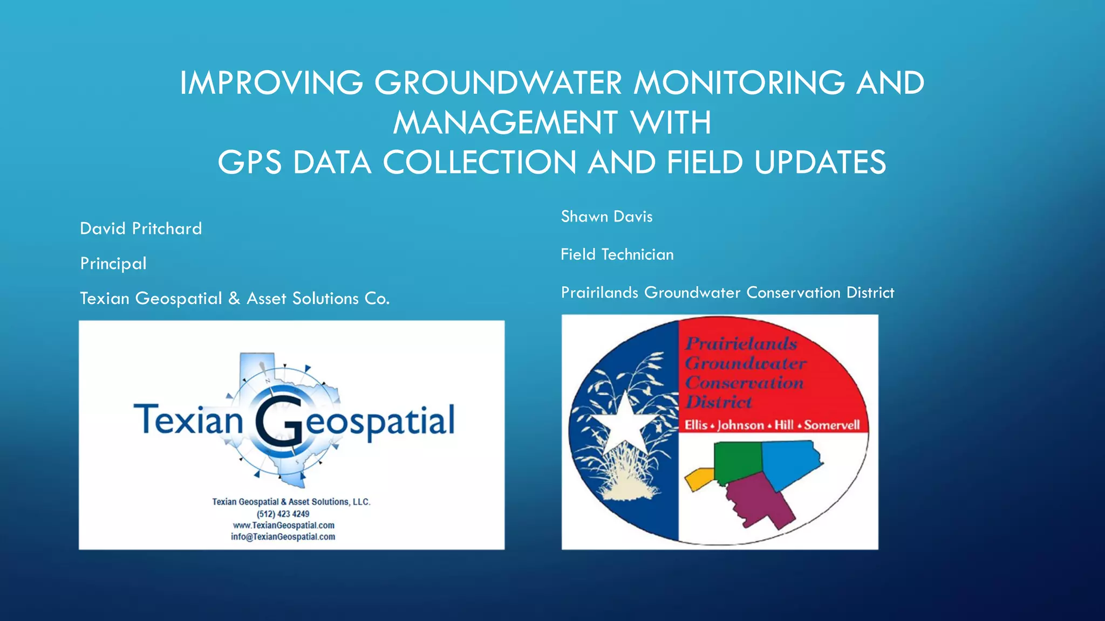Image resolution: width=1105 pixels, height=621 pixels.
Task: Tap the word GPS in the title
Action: click(x=249, y=162)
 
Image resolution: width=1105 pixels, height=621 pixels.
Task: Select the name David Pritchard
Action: click(x=141, y=229)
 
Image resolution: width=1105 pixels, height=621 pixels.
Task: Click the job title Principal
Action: click(x=113, y=264)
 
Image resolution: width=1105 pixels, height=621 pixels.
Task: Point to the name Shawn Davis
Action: click(x=606, y=217)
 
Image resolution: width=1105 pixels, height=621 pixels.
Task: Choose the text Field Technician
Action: click(x=617, y=254)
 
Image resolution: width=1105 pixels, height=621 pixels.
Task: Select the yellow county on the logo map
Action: click(x=699, y=478)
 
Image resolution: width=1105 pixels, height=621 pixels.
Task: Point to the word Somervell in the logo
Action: click(x=831, y=425)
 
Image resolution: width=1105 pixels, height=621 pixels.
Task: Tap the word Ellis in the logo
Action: click(x=696, y=425)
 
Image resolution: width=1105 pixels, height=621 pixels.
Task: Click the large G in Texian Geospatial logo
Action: click(x=278, y=421)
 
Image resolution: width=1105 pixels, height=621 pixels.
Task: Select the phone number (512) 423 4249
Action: click(x=283, y=514)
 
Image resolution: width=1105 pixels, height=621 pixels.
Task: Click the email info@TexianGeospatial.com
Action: click(x=283, y=537)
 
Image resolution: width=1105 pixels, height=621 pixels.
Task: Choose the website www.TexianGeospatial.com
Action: click(x=283, y=526)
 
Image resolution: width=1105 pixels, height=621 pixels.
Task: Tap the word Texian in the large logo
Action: click(x=188, y=420)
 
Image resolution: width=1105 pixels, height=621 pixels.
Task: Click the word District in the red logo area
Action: click(x=719, y=402)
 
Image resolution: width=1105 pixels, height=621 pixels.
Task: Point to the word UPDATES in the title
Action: click(x=820, y=162)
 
